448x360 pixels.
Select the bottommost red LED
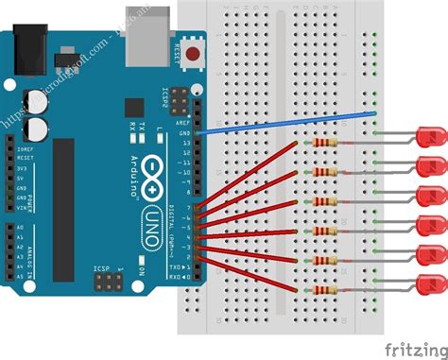(431, 283)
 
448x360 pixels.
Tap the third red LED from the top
(430, 197)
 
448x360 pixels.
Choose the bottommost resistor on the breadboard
(323, 290)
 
